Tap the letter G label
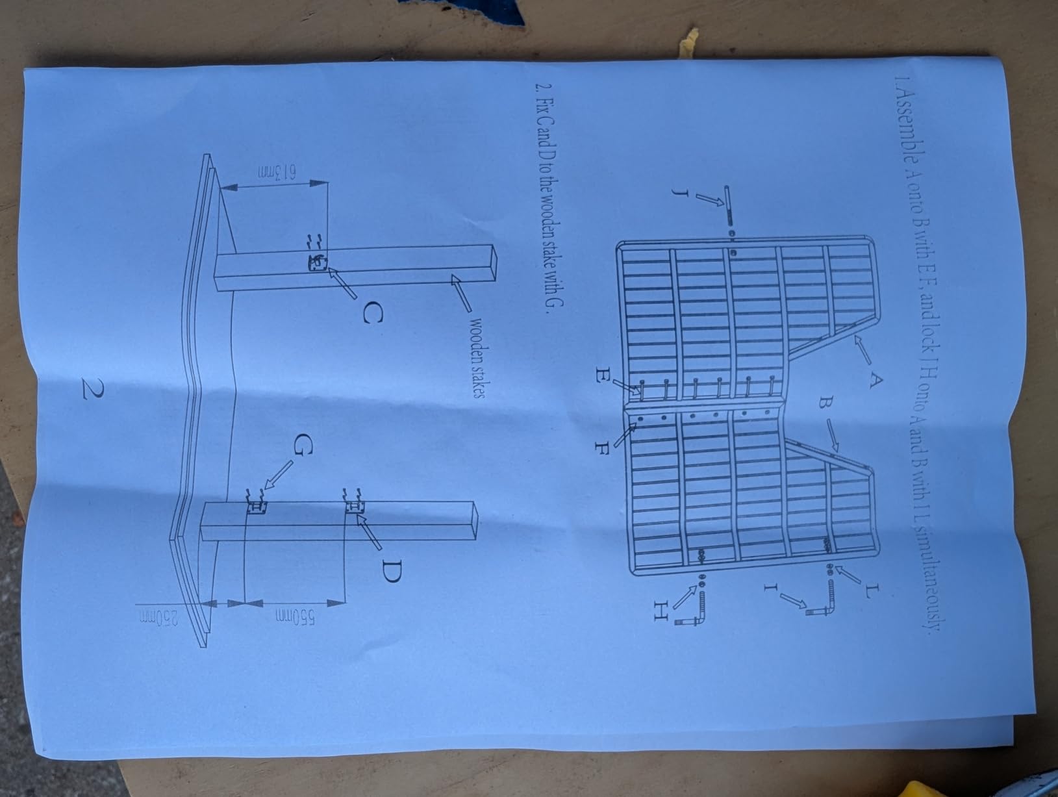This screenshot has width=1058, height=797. pyautogui.click(x=303, y=443)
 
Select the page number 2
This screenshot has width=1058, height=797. pyautogui.click(x=92, y=388)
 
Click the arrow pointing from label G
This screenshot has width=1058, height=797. pyautogui.click(x=279, y=475)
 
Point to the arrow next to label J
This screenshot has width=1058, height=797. pyautogui.click(x=709, y=199)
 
